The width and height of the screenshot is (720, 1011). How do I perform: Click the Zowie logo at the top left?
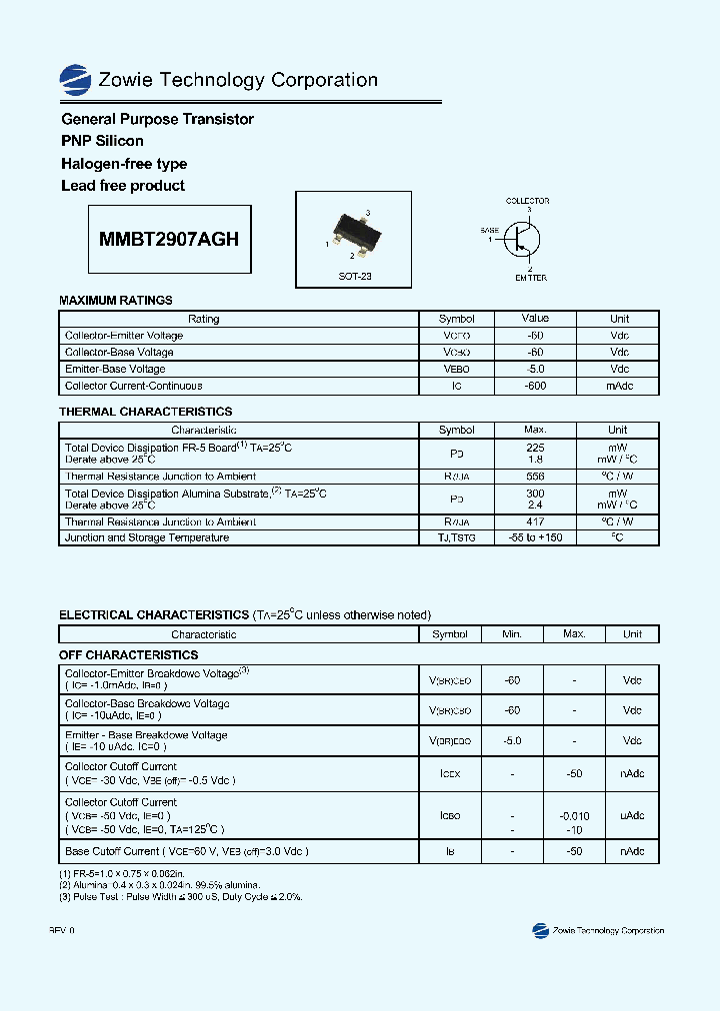(74, 80)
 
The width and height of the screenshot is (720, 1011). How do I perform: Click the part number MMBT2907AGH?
(169, 240)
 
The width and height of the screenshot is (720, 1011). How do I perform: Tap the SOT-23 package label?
(354, 276)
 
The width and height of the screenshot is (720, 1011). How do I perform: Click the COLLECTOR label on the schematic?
(527, 201)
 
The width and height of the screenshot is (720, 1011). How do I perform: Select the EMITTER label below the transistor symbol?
(530, 278)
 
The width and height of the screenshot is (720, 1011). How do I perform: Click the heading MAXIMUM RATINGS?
(116, 300)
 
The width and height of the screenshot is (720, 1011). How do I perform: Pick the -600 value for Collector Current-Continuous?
(535, 386)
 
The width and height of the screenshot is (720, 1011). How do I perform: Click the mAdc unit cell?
(619, 386)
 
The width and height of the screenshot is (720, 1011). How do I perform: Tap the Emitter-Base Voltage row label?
(115, 369)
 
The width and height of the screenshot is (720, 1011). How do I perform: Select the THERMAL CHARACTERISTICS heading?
(146, 412)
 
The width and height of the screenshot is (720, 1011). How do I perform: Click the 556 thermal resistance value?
(535, 477)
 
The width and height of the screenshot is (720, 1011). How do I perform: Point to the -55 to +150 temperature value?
(535, 537)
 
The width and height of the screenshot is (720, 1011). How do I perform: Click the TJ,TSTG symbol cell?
(456, 537)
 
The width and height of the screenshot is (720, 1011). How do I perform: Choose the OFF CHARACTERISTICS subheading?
(129, 655)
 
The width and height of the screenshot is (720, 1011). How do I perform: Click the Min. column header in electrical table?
(512, 634)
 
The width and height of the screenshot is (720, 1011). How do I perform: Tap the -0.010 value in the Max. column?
(574, 816)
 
